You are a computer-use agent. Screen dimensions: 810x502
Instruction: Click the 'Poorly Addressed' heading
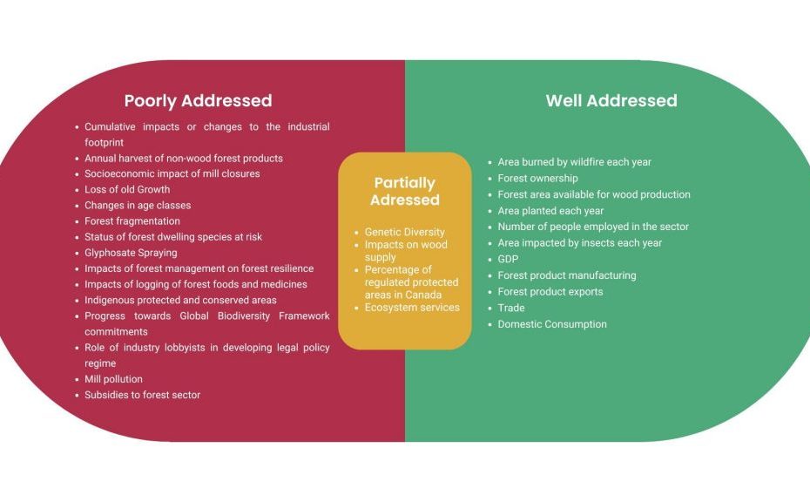point(198,101)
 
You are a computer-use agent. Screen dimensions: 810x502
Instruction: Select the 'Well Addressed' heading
point(611,100)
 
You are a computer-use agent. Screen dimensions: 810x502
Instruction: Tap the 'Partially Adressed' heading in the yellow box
point(405,191)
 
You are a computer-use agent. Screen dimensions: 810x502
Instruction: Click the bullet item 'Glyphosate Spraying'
point(131,253)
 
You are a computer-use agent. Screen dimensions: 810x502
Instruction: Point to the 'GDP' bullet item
point(508,259)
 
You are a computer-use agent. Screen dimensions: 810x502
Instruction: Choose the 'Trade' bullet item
point(511,308)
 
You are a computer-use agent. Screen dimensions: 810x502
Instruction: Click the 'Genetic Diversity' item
point(404,232)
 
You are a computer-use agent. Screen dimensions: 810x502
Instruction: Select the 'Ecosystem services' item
point(412,307)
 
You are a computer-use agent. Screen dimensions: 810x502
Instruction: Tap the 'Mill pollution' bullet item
point(113,379)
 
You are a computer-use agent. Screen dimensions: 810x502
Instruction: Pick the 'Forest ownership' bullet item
point(537,179)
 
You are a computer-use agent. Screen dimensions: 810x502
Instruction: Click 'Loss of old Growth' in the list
point(127,189)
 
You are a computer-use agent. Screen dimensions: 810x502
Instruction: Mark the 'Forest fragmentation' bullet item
point(132,221)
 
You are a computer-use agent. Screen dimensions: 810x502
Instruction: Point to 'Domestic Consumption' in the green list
point(552,324)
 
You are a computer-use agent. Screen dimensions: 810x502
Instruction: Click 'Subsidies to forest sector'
point(143,395)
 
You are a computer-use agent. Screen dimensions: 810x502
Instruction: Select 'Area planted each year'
point(550,211)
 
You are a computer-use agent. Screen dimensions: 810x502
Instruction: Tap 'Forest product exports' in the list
point(550,292)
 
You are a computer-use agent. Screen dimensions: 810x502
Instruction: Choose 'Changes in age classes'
point(138,206)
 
